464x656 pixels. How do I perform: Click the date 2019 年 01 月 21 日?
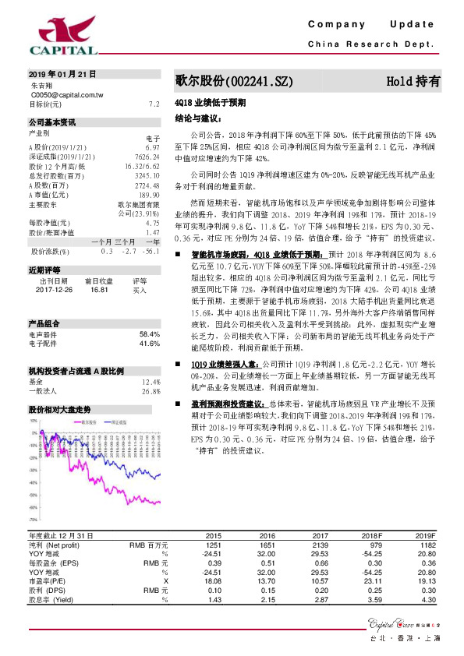[62, 74]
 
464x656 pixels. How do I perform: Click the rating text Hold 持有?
[413, 81]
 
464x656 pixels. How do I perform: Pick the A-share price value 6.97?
[152, 146]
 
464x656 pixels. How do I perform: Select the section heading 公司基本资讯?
[52, 122]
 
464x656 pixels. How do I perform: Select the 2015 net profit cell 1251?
[213, 545]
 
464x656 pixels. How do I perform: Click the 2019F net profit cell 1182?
[427, 545]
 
